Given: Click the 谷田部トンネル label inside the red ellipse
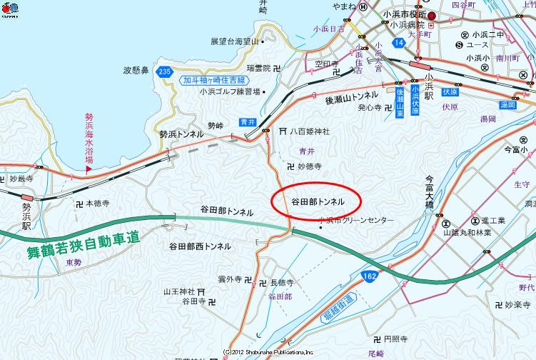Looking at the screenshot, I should (318, 201).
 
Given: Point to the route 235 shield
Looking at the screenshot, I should (166, 71).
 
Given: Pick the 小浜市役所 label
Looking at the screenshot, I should (404, 14).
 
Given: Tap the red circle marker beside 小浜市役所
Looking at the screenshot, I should (431, 14).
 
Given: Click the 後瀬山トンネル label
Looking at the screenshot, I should (352, 96).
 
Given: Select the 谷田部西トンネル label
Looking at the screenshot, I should (200, 246).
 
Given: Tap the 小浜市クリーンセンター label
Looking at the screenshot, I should (356, 221).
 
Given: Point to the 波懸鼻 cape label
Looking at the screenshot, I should (136, 70).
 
